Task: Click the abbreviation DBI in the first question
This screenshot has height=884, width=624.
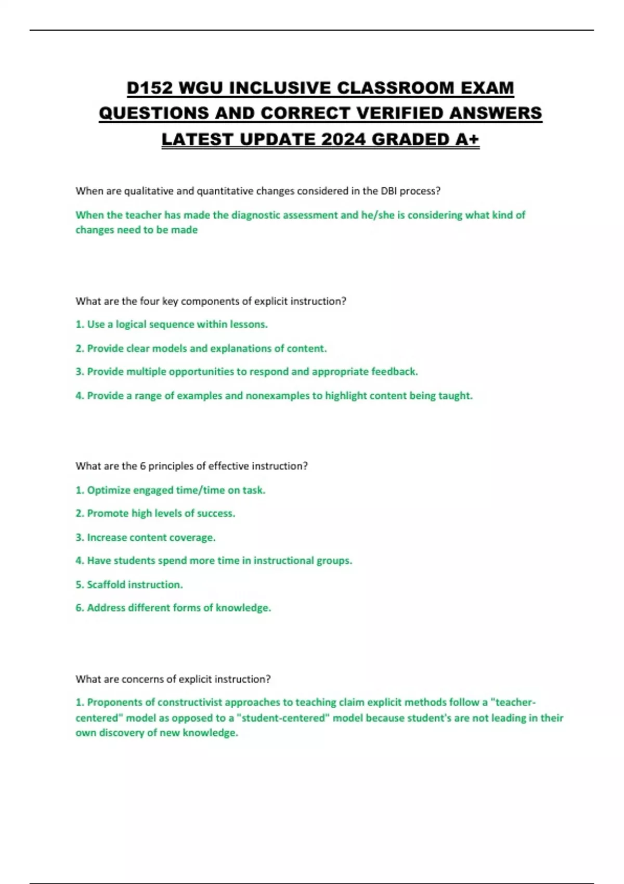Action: [388, 191]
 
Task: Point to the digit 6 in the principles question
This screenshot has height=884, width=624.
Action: [142, 466]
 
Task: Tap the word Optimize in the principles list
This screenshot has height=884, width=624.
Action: [109, 490]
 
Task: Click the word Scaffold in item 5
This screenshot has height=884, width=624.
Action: [106, 584]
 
